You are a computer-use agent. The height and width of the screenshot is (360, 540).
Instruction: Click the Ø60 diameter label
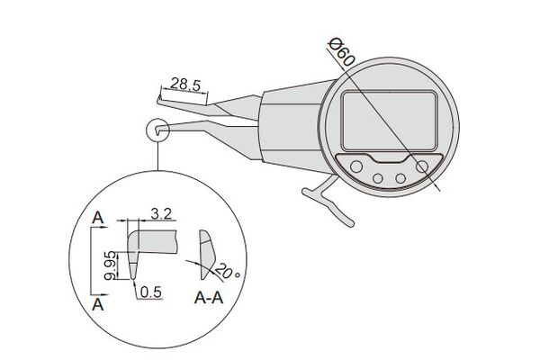coord(340,52)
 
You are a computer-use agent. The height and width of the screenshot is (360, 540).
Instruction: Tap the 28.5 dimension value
coord(185,85)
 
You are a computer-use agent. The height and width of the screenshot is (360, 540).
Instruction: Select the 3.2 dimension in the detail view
coord(161,214)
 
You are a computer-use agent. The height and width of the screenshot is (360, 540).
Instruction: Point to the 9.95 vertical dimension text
coord(111,265)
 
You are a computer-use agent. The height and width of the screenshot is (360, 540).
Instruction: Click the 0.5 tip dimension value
coord(151,292)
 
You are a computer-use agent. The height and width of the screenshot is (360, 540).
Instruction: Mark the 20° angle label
coord(228,272)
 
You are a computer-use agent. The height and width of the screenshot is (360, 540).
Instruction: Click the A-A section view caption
coord(209,298)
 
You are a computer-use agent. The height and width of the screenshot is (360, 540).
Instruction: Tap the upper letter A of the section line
coord(98,218)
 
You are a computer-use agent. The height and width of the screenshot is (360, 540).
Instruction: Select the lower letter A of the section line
coord(98,305)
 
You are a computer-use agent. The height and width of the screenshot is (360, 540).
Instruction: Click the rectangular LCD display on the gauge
coord(390,121)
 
